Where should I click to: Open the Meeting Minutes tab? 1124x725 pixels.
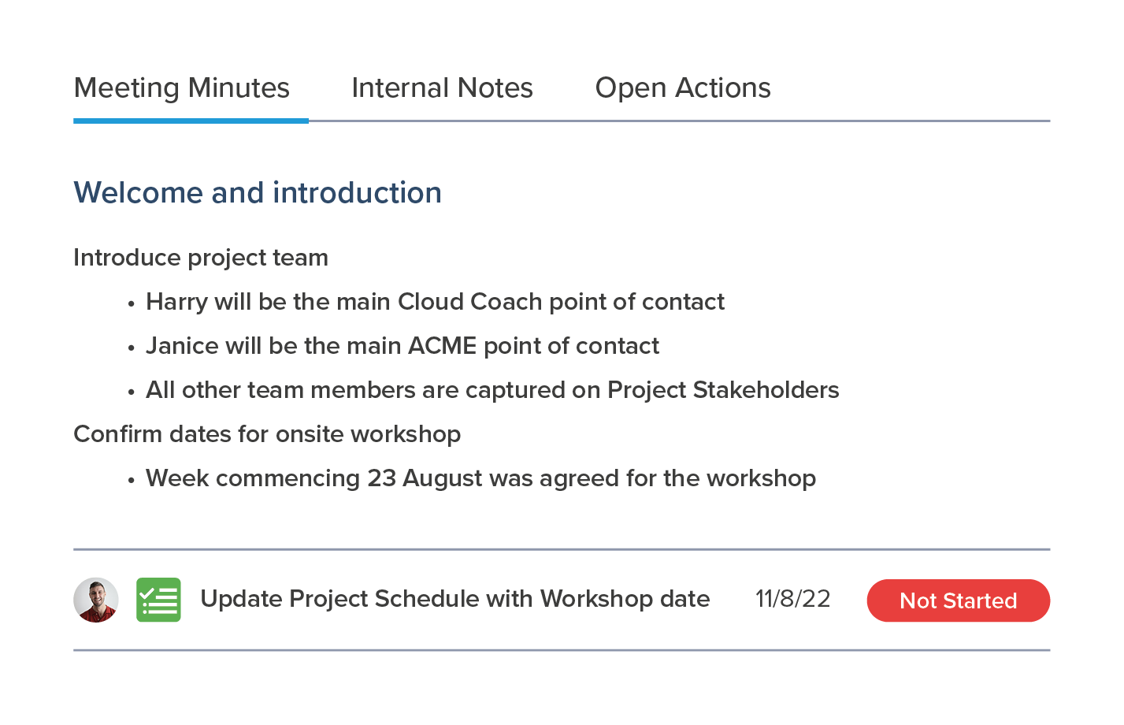(182, 88)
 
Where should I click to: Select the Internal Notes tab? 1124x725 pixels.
(442, 88)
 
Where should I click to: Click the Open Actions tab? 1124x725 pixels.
(682, 88)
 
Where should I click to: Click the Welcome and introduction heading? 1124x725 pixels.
(258, 192)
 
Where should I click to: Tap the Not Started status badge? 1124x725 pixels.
(959, 600)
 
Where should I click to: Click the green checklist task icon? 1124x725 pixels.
(158, 600)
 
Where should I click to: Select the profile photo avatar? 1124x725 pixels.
(96, 600)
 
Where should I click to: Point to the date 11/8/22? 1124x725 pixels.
(793, 599)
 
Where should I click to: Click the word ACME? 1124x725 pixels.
(442, 346)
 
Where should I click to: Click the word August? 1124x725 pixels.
(443, 479)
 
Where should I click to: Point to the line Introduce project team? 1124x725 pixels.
(201, 258)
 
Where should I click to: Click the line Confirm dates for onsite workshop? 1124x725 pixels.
(267, 434)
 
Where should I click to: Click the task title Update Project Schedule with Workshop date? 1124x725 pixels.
(455, 599)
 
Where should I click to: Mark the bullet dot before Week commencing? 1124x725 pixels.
(132, 481)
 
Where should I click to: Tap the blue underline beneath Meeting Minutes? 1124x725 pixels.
(191, 121)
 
